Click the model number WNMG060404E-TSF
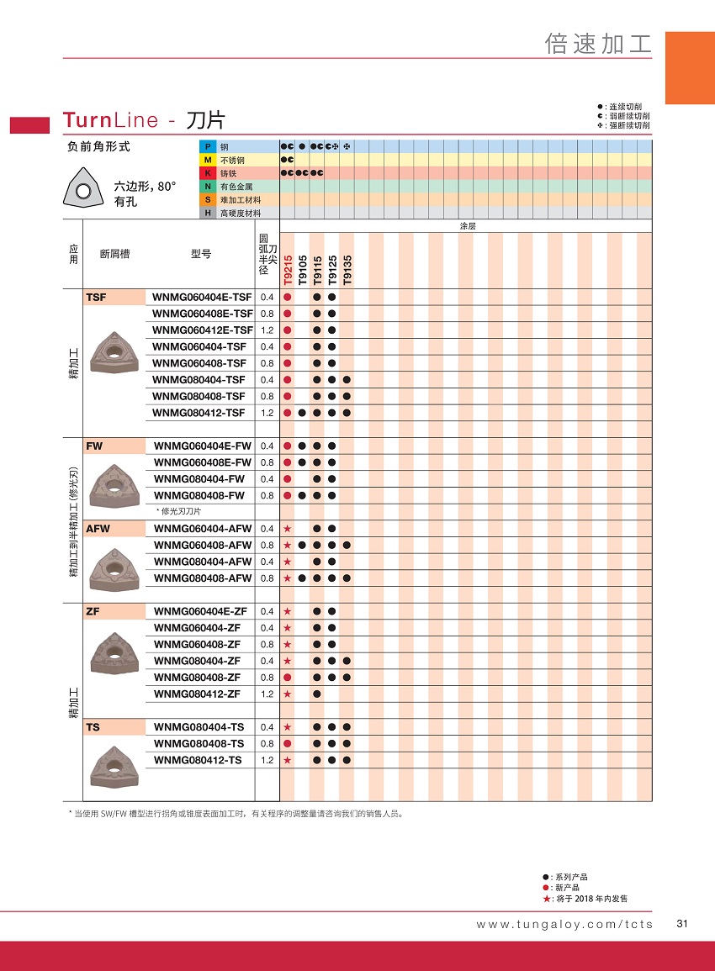pos(202,297)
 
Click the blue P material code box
pos(207,147)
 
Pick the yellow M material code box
pos(207,160)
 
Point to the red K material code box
pos(207,173)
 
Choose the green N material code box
pos(207,187)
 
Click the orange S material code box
pos(207,200)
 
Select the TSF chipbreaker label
pos(96,297)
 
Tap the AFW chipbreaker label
pos(98,529)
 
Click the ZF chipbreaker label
pos(93,611)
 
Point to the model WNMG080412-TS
pos(199,760)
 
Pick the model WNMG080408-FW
pos(199,495)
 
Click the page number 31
pos(682,924)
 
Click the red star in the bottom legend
pos(546,899)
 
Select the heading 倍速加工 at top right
pos(598,45)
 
